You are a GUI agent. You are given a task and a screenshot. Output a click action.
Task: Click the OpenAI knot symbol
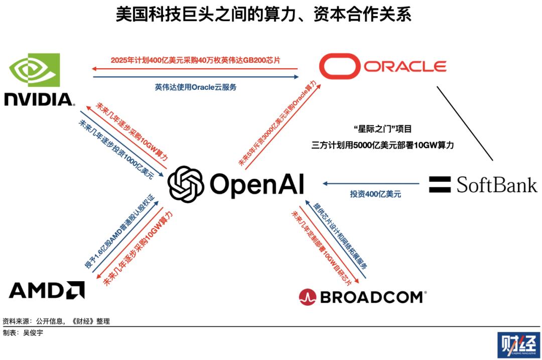click(x=185, y=184)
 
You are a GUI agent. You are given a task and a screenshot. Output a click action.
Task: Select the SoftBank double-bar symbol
click(x=440, y=184)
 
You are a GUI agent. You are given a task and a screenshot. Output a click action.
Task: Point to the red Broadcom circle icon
click(x=307, y=297)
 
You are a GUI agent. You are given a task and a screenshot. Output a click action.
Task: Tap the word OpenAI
click(x=257, y=184)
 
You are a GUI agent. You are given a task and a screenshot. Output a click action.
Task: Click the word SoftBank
click(x=496, y=184)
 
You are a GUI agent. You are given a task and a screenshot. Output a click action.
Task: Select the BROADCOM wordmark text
click(x=372, y=297)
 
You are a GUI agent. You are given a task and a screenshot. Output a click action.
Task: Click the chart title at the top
click(x=263, y=15)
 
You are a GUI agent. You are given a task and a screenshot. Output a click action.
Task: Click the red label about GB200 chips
click(x=195, y=60)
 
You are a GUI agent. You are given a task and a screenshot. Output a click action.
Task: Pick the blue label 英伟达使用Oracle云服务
click(x=195, y=87)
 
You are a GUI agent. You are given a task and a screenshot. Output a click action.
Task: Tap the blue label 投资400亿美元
click(x=375, y=194)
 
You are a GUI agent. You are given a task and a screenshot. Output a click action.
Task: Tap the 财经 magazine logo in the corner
click(x=518, y=345)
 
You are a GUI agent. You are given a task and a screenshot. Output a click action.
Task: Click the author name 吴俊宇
click(x=33, y=332)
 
